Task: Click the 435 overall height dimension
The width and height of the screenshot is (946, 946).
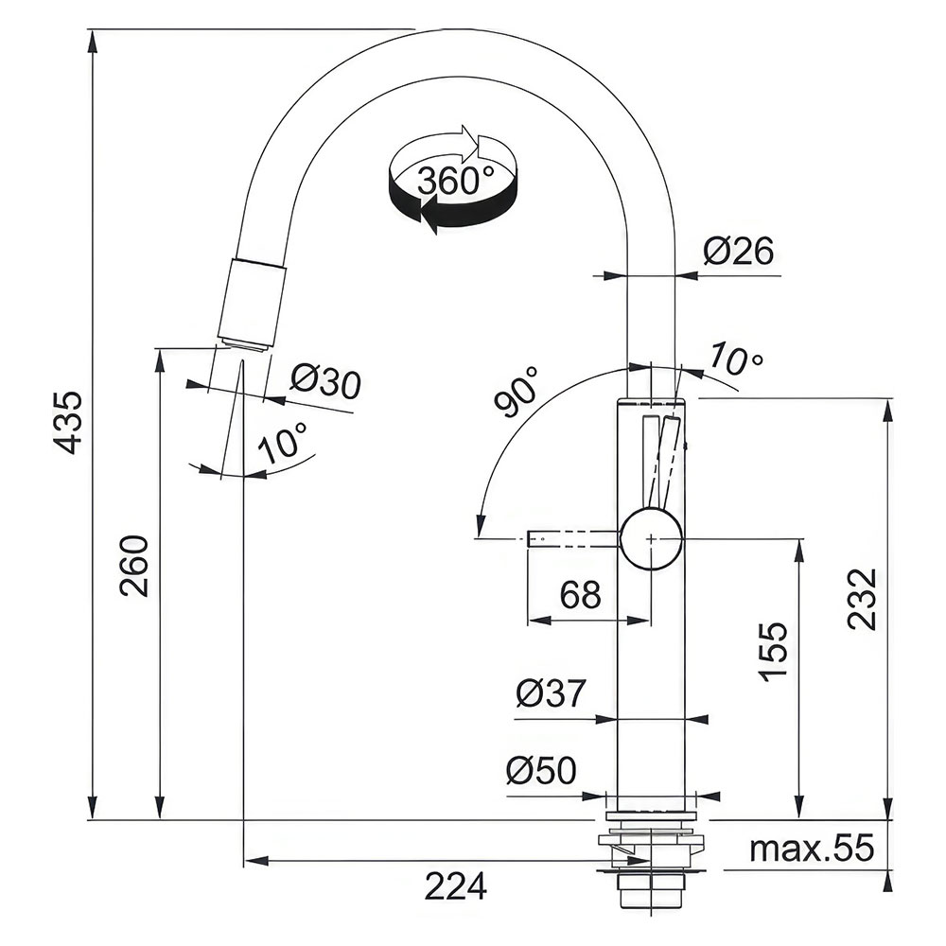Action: pos(67,422)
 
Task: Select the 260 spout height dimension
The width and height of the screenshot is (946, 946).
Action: pos(134,566)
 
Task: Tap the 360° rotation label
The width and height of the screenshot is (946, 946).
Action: pos(456,180)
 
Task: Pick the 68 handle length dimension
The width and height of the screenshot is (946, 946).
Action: pos(581,594)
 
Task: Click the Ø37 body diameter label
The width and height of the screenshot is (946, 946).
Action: pos(551,693)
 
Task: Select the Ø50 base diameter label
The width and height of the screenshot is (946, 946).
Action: pos(541,770)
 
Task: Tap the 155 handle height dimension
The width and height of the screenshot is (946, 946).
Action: pos(774,652)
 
